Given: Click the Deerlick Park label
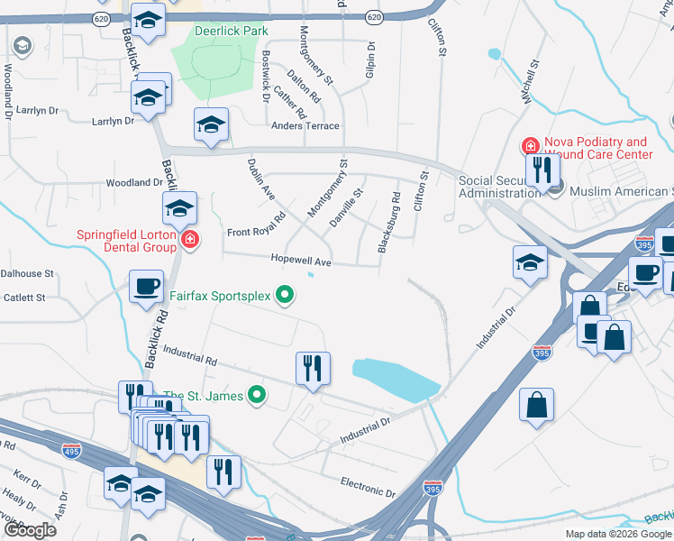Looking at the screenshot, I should pyautogui.click(x=232, y=31).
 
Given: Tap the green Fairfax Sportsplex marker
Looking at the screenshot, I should pyautogui.click(x=286, y=294).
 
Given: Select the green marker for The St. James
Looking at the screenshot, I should pyautogui.click(x=257, y=394).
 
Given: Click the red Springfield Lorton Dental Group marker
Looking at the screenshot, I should pyautogui.click(x=190, y=240).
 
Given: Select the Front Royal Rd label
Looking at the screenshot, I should pyautogui.click(x=256, y=225).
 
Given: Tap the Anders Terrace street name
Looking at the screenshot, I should pyautogui.click(x=305, y=126).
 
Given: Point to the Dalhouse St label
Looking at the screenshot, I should pyautogui.click(x=27, y=273).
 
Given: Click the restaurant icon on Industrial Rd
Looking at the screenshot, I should pyautogui.click(x=313, y=368).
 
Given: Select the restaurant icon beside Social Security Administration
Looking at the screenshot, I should pyautogui.click(x=539, y=169).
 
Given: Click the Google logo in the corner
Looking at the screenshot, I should pyautogui.click(x=29, y=530).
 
